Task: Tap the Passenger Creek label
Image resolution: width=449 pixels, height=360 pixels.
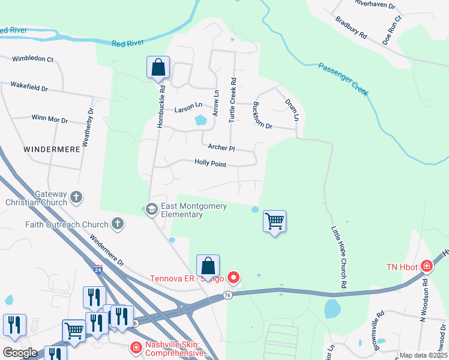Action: [x=343, y=79]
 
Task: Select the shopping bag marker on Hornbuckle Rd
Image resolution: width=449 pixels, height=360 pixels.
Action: [x=158, y=67]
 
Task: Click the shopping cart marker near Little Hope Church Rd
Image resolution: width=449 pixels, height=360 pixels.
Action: [x=274, y=221]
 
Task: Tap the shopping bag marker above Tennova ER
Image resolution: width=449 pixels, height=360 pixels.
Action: [x=208, y=266]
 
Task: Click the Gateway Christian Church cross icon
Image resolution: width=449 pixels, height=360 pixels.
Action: [x=76, y=197]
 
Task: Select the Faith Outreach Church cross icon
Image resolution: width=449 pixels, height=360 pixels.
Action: [x=118, y=224]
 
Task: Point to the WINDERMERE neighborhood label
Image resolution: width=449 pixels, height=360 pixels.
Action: [x=52, y=149]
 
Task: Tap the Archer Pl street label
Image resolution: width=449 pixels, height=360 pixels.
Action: [x=221, y=147]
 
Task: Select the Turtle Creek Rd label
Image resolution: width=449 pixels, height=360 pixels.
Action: [x=232, y=100]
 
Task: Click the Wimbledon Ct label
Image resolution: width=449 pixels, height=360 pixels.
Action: [x=34, y=59]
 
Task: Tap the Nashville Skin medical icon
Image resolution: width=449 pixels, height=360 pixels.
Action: [x=136, y=347]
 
